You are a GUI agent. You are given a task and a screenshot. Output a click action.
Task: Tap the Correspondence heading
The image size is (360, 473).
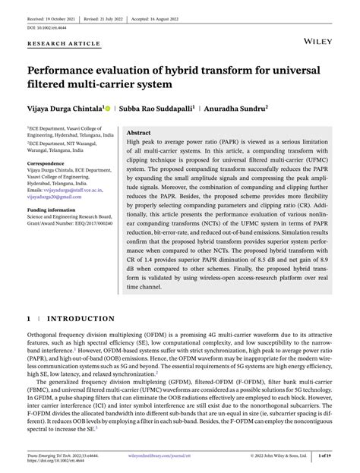point(46,163)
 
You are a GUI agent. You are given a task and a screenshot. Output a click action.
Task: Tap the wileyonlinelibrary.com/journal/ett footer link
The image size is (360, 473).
point(179,457)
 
